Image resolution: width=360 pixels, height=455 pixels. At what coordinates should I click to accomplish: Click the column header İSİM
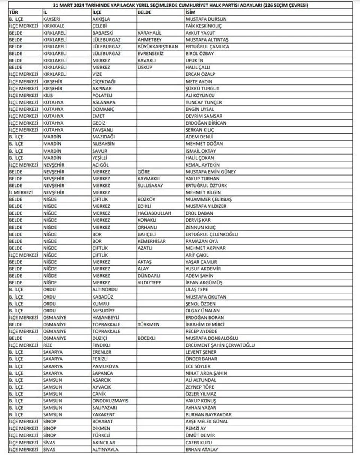coord(191,12)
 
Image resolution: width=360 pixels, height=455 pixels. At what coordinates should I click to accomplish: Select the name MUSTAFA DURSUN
coord(206,19)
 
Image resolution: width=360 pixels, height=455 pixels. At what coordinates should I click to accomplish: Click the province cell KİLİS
coord(48,95)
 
